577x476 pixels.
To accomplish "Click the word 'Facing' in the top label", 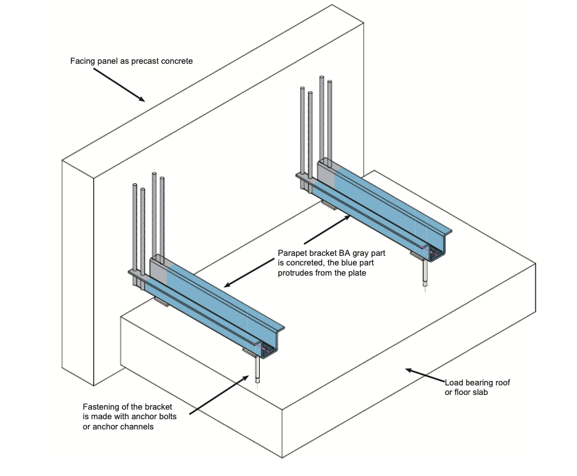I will (x=82, y=62).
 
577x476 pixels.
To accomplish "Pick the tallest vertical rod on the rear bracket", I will (x=321, y=115).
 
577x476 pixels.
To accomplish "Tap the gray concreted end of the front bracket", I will (x=158, y=275).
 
